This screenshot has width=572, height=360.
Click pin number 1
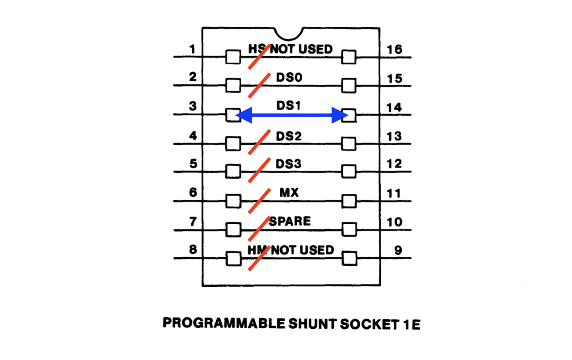pos(192,48)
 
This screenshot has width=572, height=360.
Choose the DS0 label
pos(289,77)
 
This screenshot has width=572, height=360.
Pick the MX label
pos(289,193)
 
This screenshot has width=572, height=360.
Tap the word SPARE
pos(290,221)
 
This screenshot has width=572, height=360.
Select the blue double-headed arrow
pos(291,115)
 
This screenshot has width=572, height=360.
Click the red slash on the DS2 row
pos(259,142)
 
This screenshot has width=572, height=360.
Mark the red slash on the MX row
pos(259,200)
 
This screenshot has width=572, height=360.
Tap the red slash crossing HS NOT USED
pos(259,56)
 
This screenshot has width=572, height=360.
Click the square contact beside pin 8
pos(233,259)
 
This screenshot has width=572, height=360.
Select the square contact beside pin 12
pos(349,172)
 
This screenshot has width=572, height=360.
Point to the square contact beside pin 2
pos(233,85)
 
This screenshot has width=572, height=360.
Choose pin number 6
pos(193,193)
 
